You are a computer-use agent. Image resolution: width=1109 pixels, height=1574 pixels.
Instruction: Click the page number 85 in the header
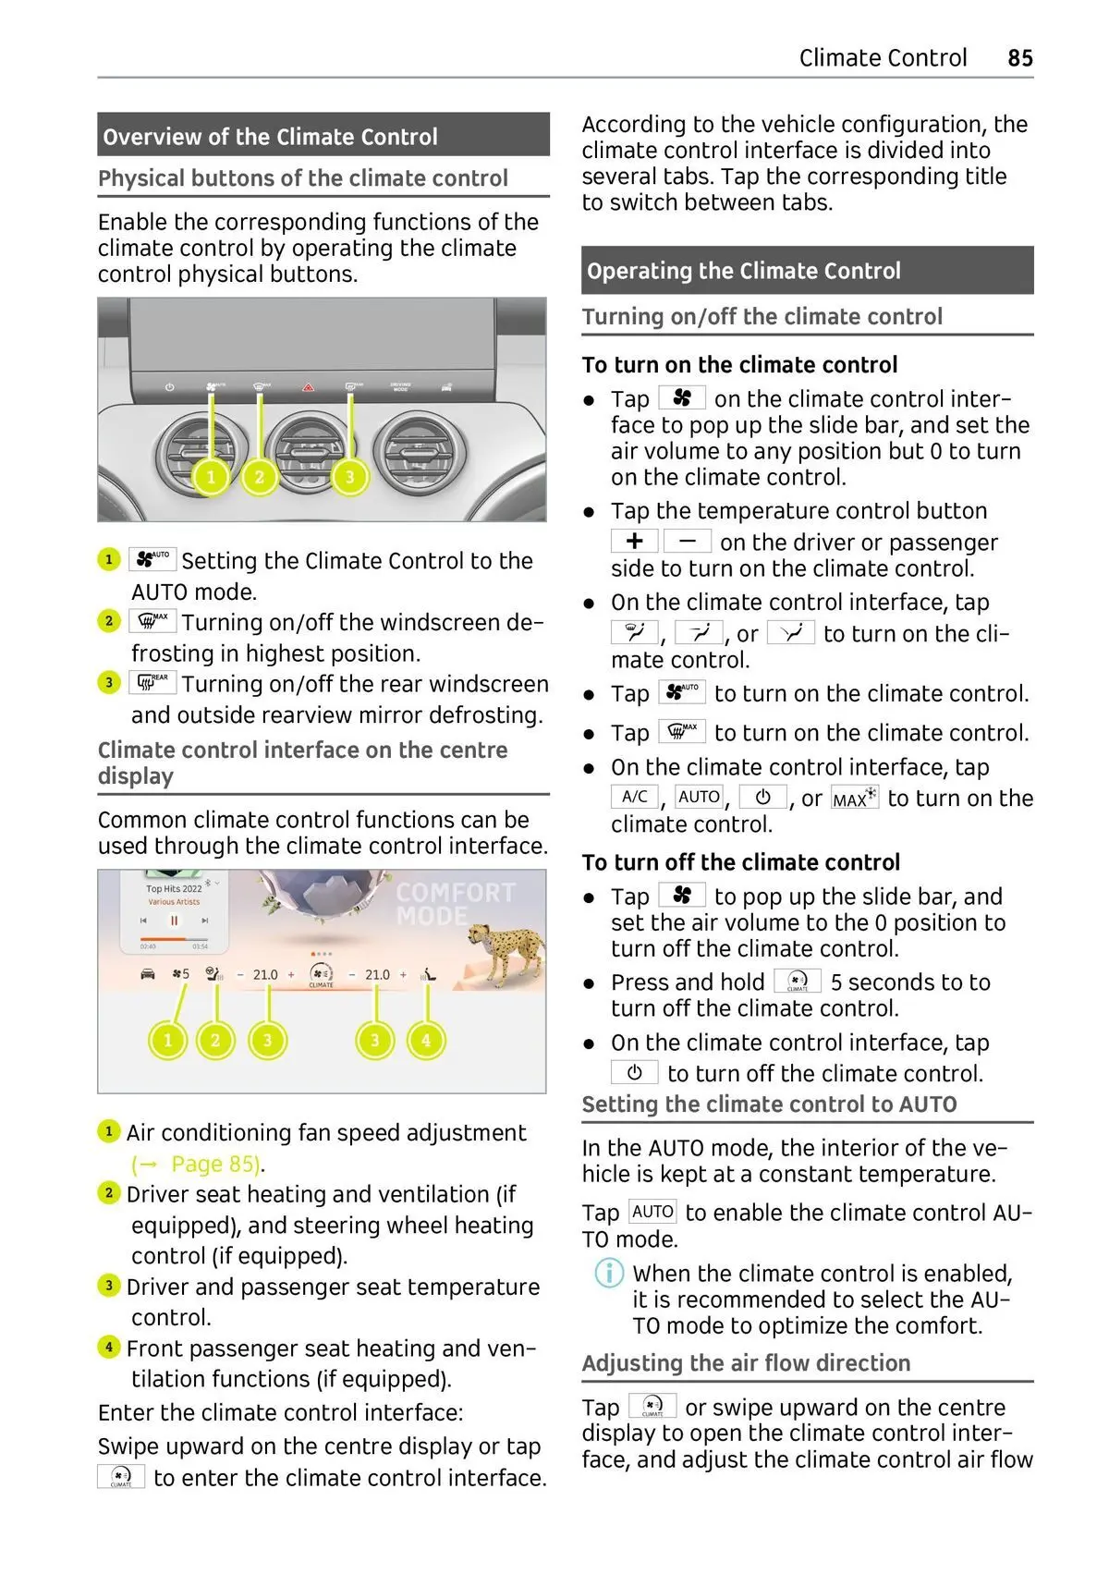coord(1019,58)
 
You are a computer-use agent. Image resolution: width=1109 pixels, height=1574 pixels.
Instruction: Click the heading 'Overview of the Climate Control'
coord(270,137)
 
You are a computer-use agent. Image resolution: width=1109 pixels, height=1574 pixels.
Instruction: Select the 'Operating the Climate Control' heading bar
coord(743,271)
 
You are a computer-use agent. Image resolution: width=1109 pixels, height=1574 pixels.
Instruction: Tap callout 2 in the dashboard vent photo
coord(259,477)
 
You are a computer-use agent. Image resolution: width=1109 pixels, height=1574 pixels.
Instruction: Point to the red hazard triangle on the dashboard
coord(306,388)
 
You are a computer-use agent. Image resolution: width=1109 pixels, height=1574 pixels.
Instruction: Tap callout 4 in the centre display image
coord(426,1040)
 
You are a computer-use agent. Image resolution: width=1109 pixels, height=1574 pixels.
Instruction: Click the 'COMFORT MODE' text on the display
coord(455,904)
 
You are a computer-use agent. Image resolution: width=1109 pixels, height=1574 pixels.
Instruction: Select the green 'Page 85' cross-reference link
coord(215,1164)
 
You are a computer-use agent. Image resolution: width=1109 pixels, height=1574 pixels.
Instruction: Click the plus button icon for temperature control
coord(634,541)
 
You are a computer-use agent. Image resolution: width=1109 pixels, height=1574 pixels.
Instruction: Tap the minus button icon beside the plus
coord(687,541)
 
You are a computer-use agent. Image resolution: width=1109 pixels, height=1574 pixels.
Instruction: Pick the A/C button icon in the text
coord(634,797)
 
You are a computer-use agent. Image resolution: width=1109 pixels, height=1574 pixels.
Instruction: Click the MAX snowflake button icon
coord(854,798)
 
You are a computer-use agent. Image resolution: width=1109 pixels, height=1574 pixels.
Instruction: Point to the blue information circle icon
coord(608,1274)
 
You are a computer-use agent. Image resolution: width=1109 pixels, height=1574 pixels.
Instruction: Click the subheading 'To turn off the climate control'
coord(740,862)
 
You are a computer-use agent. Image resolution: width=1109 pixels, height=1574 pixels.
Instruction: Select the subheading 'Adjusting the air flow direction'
coord(746,1363)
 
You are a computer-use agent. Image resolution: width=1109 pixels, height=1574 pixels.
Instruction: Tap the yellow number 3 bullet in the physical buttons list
coord(109,683)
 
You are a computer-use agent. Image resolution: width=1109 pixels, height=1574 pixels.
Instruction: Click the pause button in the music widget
coord(174,921)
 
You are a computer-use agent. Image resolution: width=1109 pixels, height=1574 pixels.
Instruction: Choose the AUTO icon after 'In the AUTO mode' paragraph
coord(652,1212)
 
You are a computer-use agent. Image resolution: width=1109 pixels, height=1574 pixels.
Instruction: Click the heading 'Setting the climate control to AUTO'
coord(769,1104)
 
